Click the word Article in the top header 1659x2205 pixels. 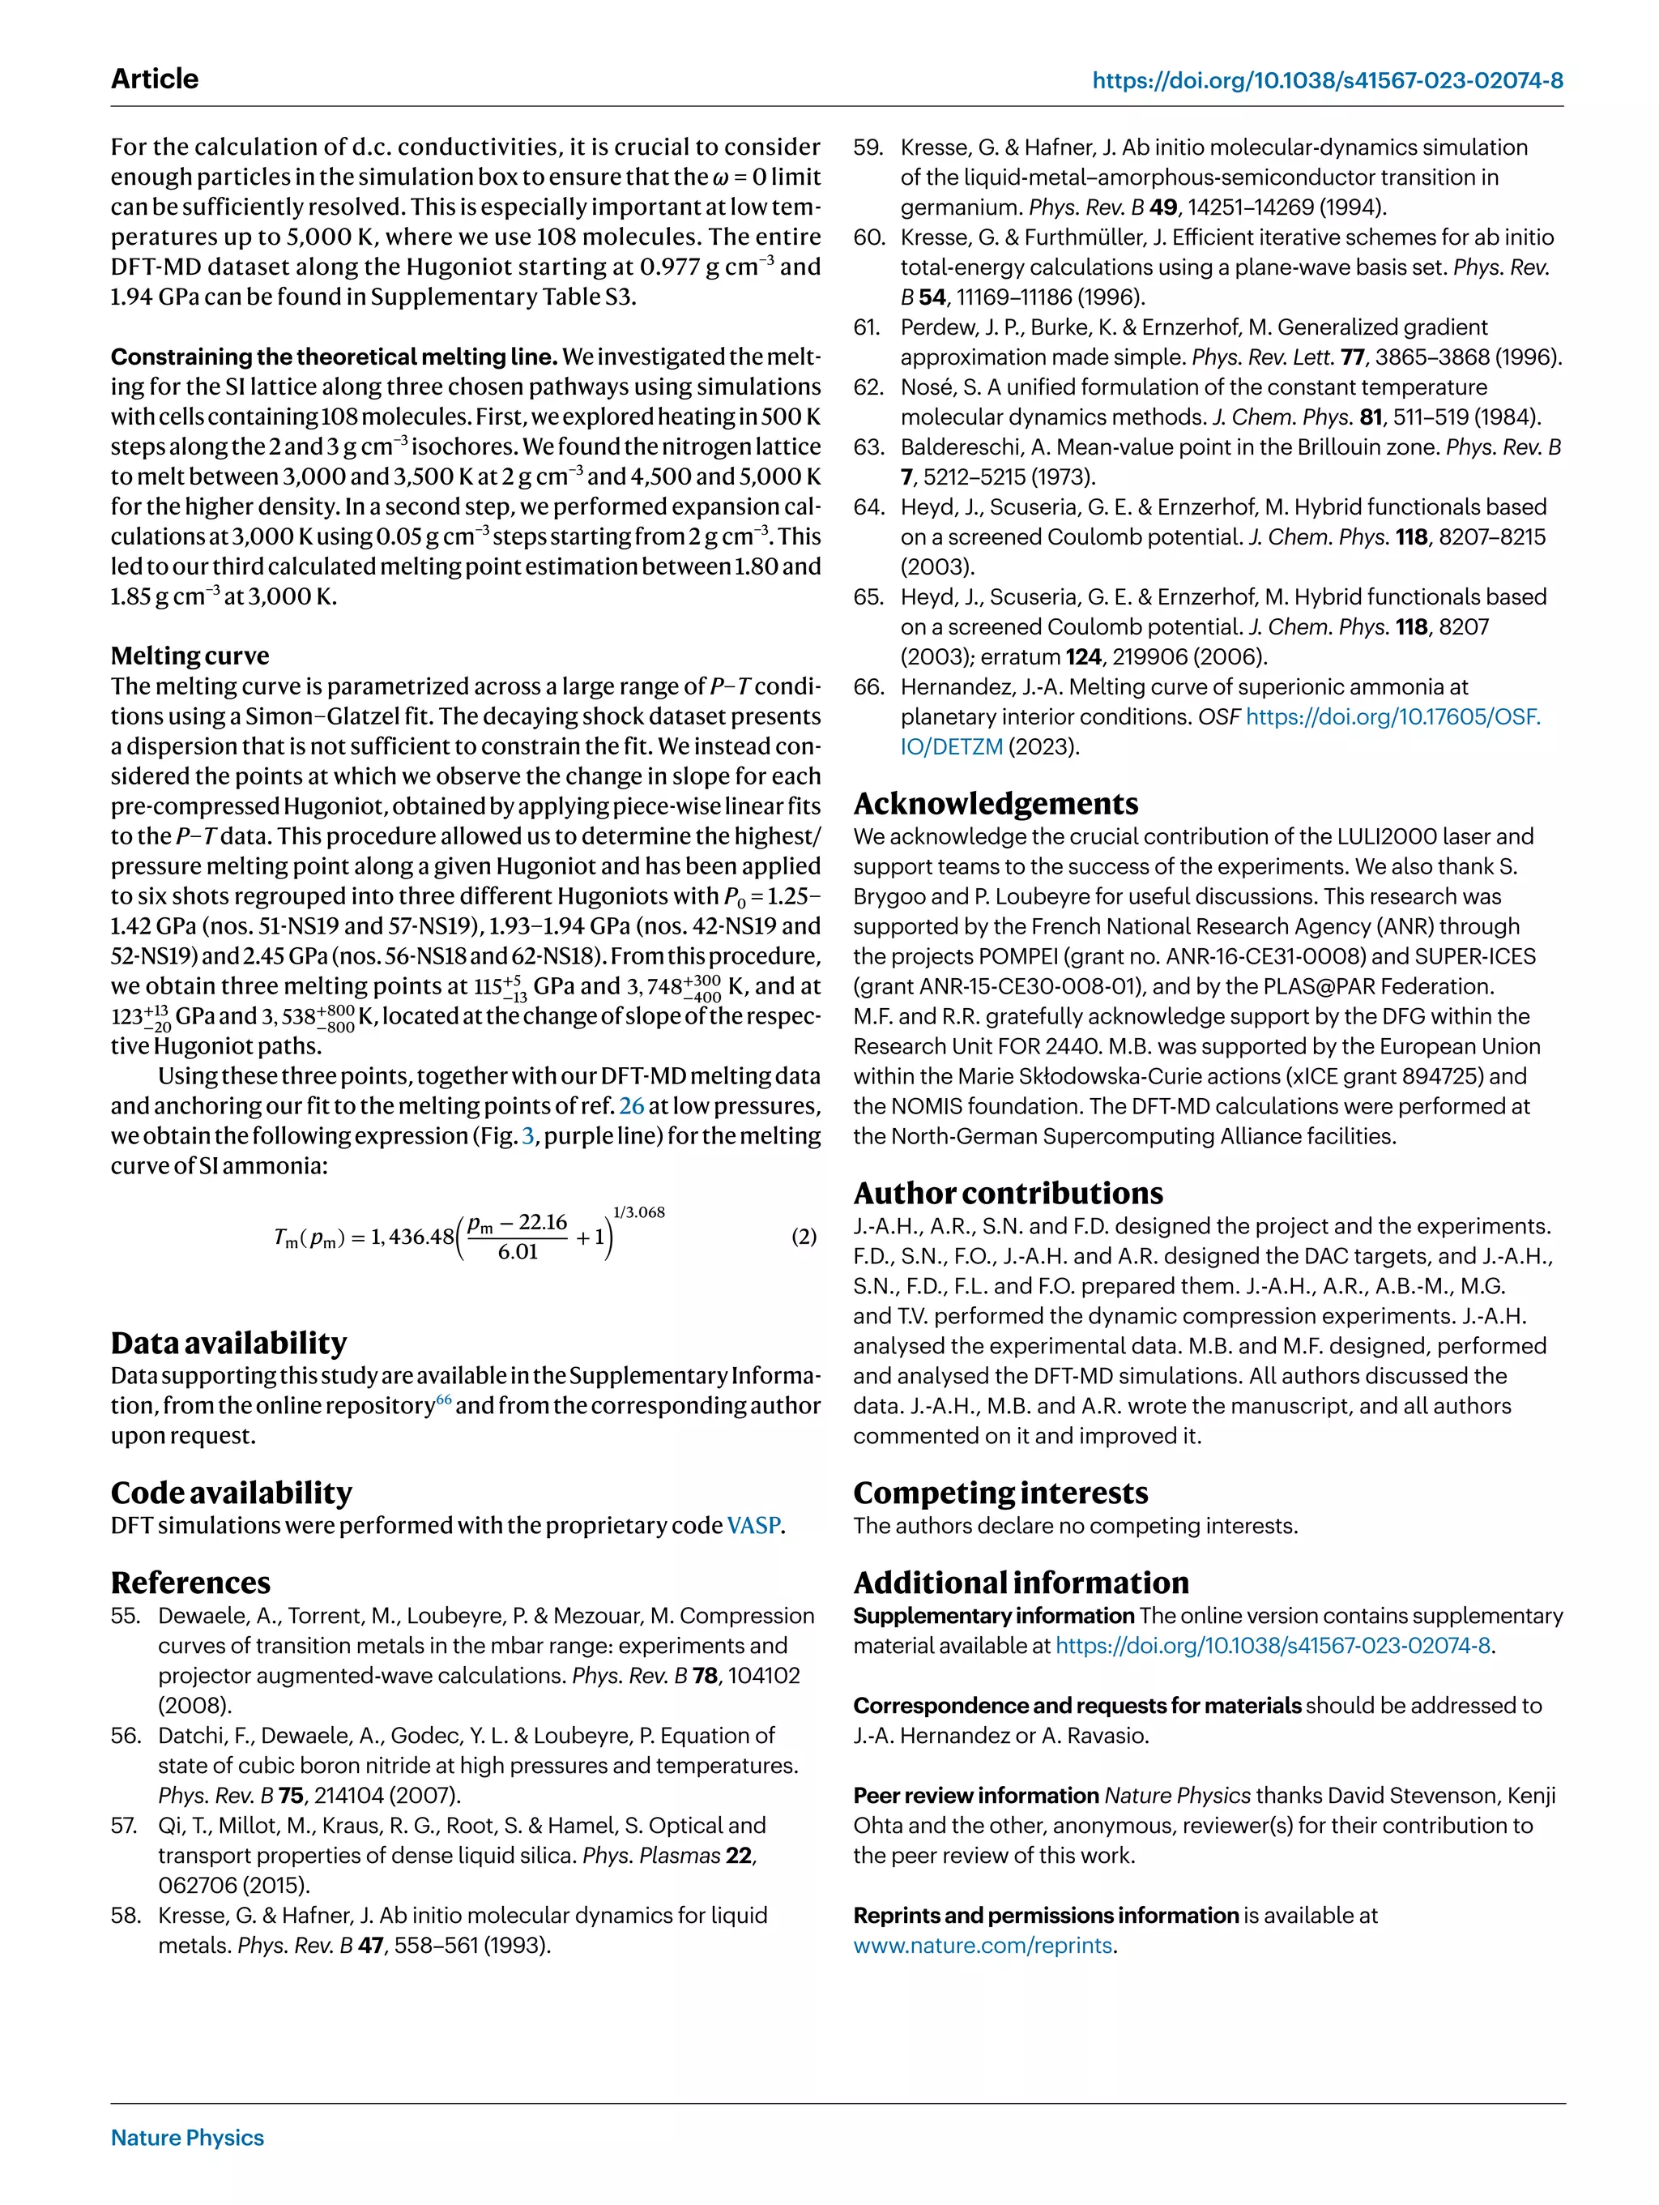point(155,79)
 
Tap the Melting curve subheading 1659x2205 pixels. point(190,656)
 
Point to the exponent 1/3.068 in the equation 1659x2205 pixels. point(638,1212)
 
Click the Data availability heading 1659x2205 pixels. point(229,1343)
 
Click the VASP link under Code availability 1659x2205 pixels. point(753,1525)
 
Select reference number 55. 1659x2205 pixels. point(126,1616)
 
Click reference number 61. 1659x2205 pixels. point(867,327)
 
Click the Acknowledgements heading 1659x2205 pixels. point(996,803)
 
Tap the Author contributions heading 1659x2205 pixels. point(1008,1193)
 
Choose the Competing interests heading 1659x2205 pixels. point(1000,1492)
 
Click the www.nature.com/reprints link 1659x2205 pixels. point(983,1945)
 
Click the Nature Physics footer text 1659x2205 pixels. point(187,2137)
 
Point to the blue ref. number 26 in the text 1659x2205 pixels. point(631,1105)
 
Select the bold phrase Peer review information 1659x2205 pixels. point(975,1795)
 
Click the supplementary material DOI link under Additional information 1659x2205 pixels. point(1273,1646)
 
